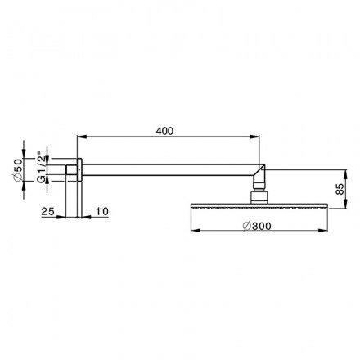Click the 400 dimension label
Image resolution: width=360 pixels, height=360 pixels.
(x=164, y=131)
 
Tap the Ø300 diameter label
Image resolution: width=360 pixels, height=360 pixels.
(x=257, y=226)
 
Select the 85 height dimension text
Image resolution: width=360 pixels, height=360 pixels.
(x=340, y=189)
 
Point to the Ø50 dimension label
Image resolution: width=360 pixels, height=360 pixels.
(x=18, y=169)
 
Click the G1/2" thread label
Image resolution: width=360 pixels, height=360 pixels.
(x=41, y=167)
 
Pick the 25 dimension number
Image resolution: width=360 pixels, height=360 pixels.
(x=48, y=211)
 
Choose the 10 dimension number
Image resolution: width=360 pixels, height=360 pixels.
(x=101, y=211)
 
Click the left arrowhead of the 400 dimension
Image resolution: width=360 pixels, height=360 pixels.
(x=82, y=137)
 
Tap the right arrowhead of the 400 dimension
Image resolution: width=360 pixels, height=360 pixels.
(x=254, y=137)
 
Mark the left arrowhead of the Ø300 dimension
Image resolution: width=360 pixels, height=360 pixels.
(x=196, y=231)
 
